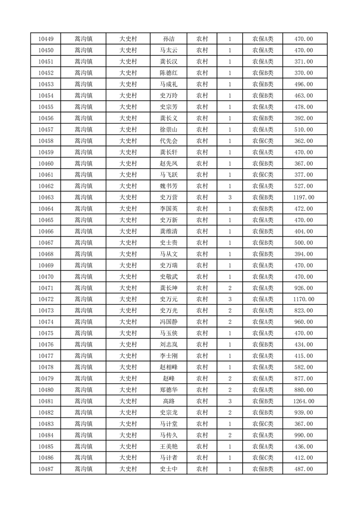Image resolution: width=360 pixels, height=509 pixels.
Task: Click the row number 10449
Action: (46, 39)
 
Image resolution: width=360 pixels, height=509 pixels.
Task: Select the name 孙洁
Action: (168, 39)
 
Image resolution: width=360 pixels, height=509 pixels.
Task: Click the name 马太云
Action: (168, 50)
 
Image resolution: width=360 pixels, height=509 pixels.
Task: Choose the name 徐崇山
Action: (168, 130)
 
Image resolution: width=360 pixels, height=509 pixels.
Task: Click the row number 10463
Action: (46, 197)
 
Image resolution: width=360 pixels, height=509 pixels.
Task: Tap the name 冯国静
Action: (168, 322)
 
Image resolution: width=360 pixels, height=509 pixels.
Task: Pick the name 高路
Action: (168, 401)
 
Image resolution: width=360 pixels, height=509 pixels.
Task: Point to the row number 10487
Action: (46, 469)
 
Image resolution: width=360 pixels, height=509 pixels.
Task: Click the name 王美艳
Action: (168, 446)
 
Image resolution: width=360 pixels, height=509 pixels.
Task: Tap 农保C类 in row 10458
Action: (263, 141)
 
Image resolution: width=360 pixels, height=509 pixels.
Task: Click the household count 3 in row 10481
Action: (230, 401)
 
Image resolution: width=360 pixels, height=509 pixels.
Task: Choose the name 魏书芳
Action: (168, 186)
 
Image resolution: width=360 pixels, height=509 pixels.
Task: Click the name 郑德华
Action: (168, 390)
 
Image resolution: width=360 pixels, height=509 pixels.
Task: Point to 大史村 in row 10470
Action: (128, 277)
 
